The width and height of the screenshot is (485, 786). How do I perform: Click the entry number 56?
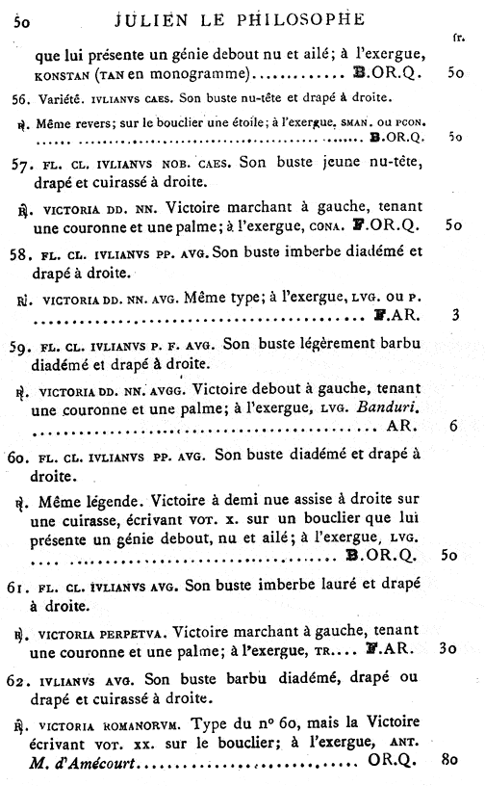pyautogui.click(x=20, y=99)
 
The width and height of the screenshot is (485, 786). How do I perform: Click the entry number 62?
pyautogui.click(x=20, y=675)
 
